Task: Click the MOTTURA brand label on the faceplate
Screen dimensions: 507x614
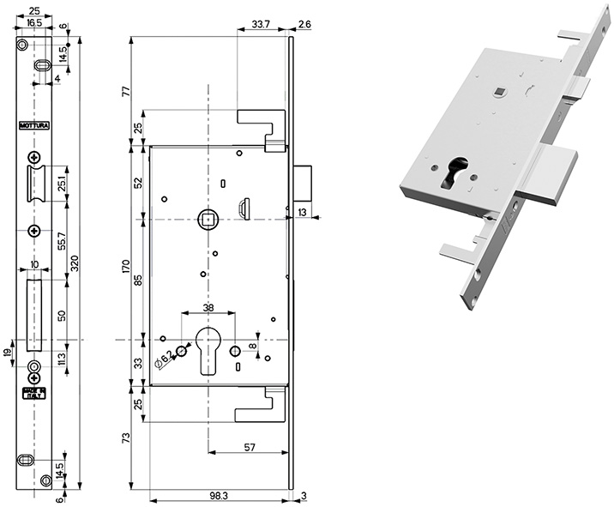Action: click(x=34, y=126)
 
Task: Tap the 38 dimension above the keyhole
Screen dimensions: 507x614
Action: click(x=208, y=308)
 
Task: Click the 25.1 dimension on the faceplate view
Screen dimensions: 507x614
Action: click(x=62, y=184)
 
